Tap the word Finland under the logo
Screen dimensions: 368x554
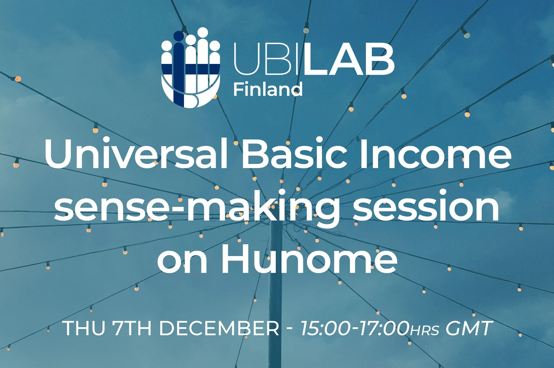[268, 90]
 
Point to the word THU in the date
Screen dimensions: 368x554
[84, 328]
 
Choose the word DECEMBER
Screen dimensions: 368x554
[219, 328]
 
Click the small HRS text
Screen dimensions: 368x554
[425, 330]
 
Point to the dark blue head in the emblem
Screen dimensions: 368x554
[179, 36]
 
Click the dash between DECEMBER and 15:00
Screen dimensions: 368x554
[290, 328]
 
